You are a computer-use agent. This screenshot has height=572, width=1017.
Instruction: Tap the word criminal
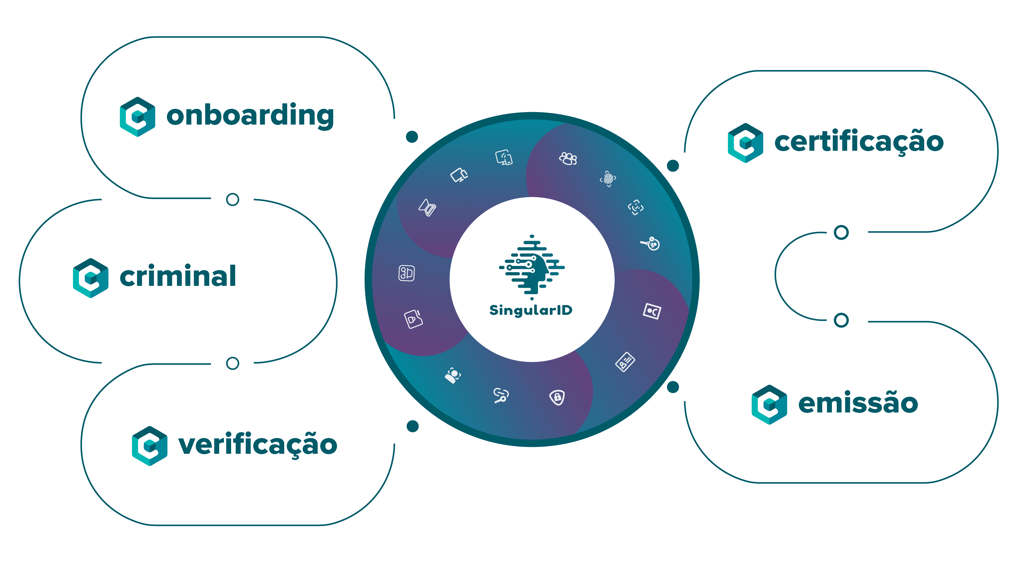[178, 276]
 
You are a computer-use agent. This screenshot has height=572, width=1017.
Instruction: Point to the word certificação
[859, 141]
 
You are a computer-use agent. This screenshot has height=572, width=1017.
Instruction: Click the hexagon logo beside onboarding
[137, 117]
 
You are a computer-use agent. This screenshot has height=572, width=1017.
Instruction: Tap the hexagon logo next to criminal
[91, 278]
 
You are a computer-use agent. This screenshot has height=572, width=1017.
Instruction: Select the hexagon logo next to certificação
[745, 143]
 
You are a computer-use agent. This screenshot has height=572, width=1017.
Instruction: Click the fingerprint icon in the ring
[608, 179]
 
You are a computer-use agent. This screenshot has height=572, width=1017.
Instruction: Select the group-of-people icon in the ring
[568, 159]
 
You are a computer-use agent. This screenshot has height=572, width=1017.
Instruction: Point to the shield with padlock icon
[557, 397]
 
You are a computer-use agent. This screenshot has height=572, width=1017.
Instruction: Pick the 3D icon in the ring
[406, 273]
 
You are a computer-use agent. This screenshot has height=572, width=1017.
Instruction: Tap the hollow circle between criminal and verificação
[233, 363]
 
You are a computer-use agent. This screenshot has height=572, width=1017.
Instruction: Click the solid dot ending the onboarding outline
[412, 137]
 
